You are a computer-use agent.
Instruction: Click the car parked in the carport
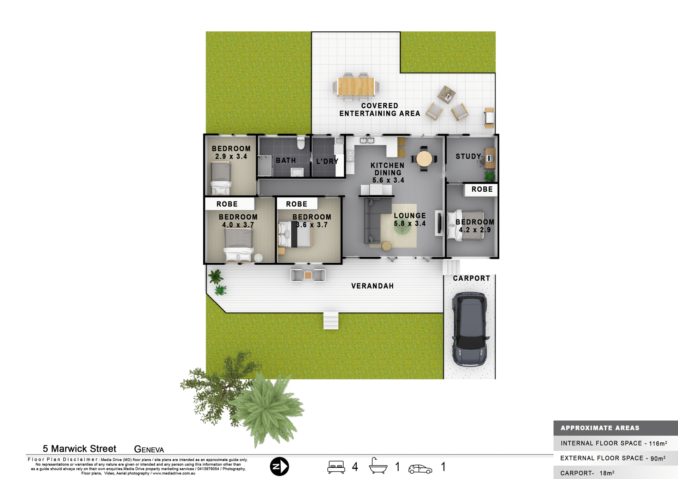point(470,329)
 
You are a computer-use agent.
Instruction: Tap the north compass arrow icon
point(279,466)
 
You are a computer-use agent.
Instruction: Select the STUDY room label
point(468,156)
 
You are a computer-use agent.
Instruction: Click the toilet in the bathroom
point(301,143)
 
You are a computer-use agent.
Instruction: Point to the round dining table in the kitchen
point(424,158)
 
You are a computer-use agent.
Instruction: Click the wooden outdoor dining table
point(356,86)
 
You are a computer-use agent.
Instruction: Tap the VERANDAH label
point(372,286)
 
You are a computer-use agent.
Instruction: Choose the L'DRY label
point(327,161)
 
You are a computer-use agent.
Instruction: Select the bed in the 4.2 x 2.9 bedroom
point(465,225)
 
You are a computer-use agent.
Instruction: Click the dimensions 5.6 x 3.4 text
point(388,180)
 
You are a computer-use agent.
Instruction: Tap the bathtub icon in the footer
point(378,466)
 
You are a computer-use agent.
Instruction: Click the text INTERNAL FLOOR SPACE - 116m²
point(614,443)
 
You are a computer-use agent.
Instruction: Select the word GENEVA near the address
point(149,449)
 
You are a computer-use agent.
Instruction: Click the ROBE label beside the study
point(482,189)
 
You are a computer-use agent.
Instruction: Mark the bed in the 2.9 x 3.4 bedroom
point(221,178)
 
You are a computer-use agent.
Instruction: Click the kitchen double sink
point(367,140)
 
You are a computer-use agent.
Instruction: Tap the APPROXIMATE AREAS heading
point(600,428)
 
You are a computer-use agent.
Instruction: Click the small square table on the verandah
point(308,275)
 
